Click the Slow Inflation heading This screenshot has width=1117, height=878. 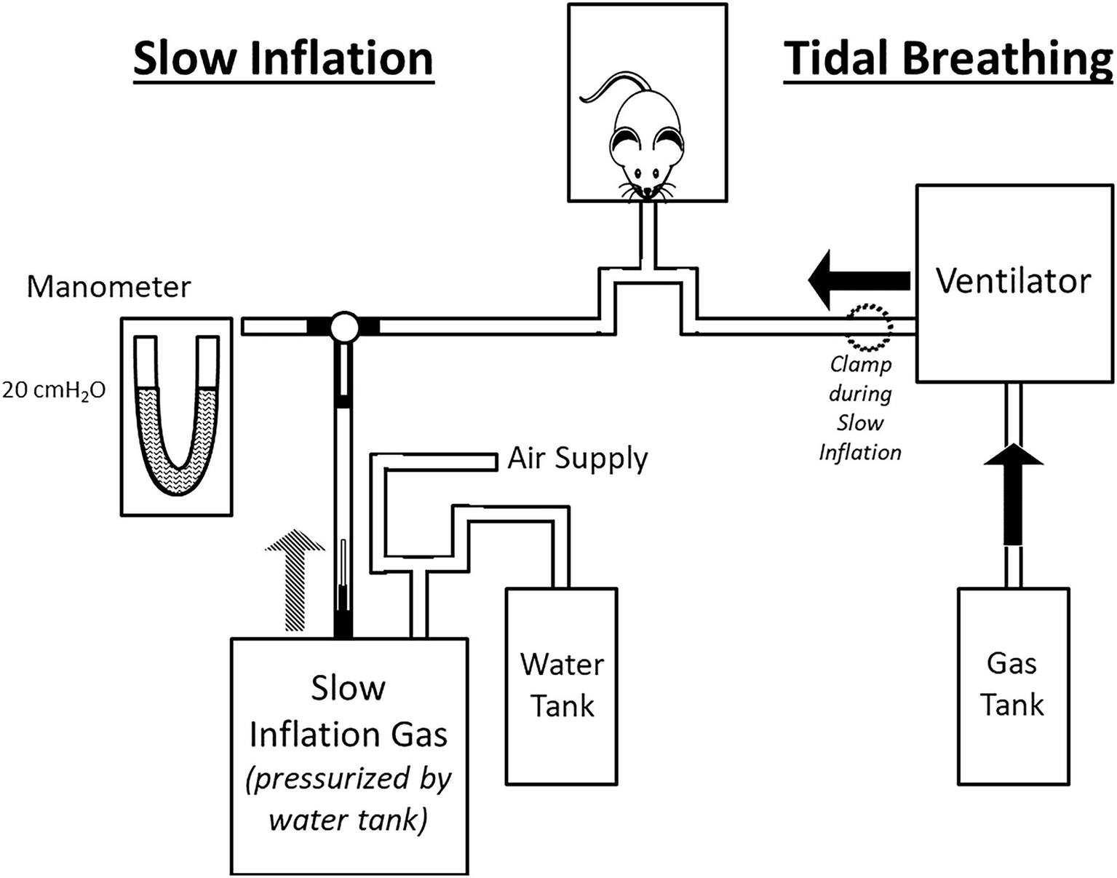(x=283, y=58)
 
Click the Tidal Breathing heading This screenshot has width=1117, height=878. (x=947, y=58)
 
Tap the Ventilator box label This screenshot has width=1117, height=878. (x=1013, y=281)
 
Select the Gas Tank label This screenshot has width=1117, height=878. (x=1011, y=684)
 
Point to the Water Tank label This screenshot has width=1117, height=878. (x=562, y=685)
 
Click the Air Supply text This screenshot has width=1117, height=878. (x=577, y=459)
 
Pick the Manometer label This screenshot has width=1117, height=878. (x=108, y=287)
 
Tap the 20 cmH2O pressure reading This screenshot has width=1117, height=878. (x=54, y=391)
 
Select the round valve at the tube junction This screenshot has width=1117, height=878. (x=343, y=328)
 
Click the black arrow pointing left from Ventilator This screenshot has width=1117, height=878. (x=859, y=280)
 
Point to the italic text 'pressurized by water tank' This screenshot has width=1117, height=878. (x=348, y=799)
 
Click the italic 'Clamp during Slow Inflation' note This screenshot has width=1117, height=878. (x=860, y=408)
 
